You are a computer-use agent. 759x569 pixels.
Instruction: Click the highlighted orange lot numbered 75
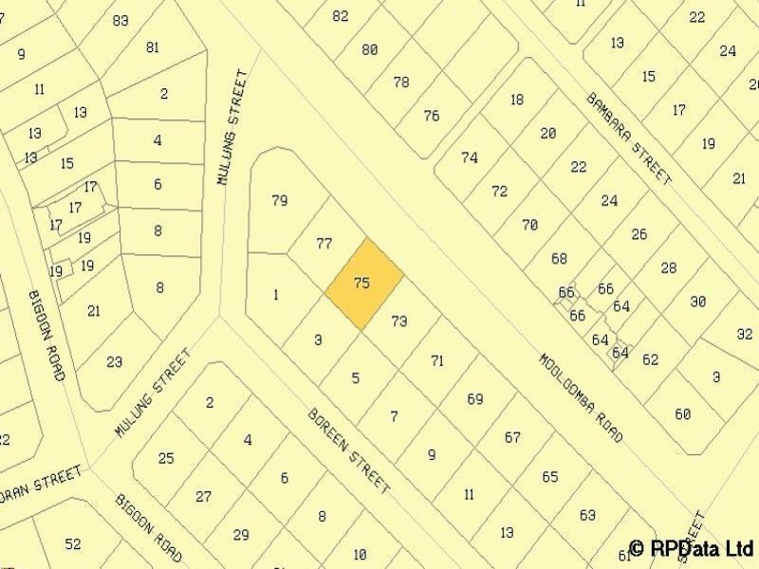click(x=363, y=284)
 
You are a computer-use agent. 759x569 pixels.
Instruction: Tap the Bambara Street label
click(x=629, y=138)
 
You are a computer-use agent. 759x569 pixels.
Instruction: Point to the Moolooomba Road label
click(x=581, y=399)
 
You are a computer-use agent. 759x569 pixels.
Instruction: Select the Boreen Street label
click(x=348, y=451)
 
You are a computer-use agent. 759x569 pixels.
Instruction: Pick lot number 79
click(x=279, y=201)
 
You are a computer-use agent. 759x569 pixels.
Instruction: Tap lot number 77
click(x=324, y=244)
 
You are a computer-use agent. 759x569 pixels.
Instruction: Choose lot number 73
click(x=398, y=321)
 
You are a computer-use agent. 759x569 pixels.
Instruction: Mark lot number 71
click(x=436, y=360)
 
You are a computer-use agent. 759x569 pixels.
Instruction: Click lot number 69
click(x=475, y=399)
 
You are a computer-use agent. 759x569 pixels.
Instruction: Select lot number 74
click(x=470, y=158)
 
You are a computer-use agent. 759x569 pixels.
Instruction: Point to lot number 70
click(x=529, y=225)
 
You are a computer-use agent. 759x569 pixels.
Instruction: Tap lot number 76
click(x=432, y=116)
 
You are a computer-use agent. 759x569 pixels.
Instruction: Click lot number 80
click(x=370, y=49)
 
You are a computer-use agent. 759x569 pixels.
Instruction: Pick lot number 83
click(x=120, y=20)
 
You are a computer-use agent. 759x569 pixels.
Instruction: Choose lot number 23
click(x=115, y=361)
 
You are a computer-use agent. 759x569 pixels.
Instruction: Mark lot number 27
click(x=203, y=496)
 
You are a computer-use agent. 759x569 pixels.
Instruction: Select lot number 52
click(x=73, y=543)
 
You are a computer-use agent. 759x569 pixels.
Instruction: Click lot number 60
click(x=683, y=414)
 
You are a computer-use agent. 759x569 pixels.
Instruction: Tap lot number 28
click(x=669, y=268)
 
